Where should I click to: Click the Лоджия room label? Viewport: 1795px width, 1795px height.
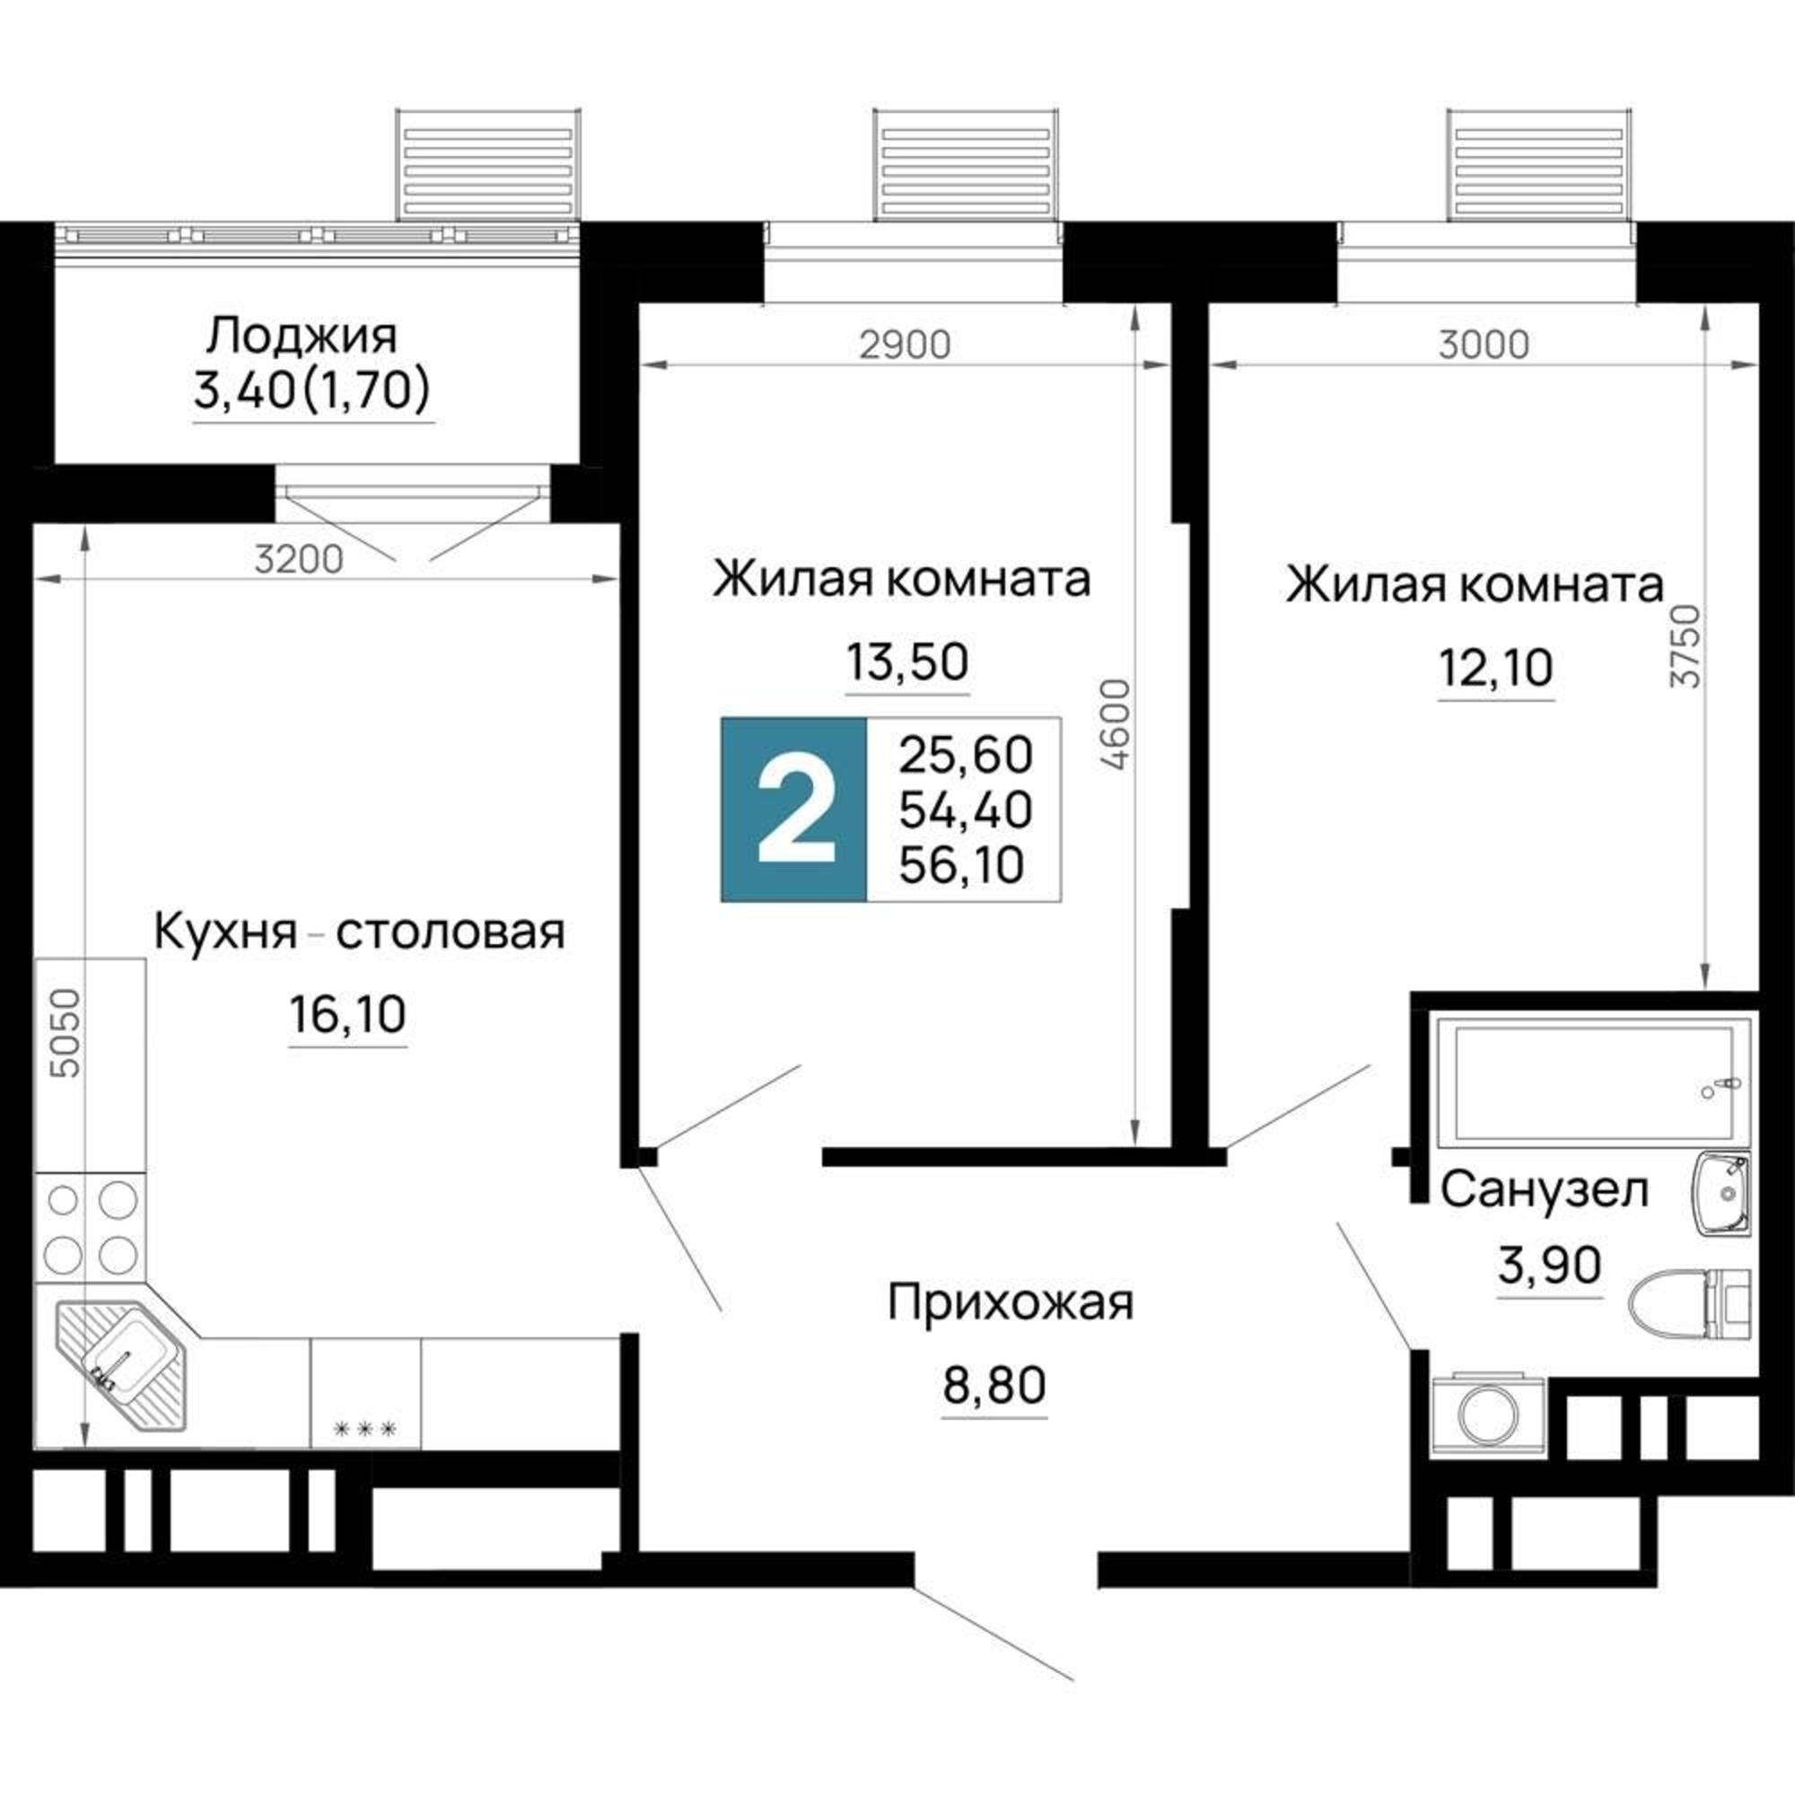301,337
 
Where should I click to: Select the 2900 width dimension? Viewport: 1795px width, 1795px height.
904,345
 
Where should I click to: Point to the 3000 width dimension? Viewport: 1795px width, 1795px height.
1483,345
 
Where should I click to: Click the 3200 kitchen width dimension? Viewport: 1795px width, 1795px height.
299,559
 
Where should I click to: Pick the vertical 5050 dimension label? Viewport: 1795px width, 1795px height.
67,1033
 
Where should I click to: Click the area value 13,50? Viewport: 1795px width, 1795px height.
906,662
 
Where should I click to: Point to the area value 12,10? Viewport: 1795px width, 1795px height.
1496,667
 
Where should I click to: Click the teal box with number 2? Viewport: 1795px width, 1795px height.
793,810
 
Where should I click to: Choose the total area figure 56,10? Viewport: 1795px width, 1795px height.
965,865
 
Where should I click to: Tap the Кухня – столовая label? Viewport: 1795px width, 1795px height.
359,932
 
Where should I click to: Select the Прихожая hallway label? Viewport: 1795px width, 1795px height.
1010,1302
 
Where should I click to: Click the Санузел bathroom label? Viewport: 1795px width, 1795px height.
1544,1190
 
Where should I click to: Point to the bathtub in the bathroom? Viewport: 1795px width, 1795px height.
1587,1085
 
